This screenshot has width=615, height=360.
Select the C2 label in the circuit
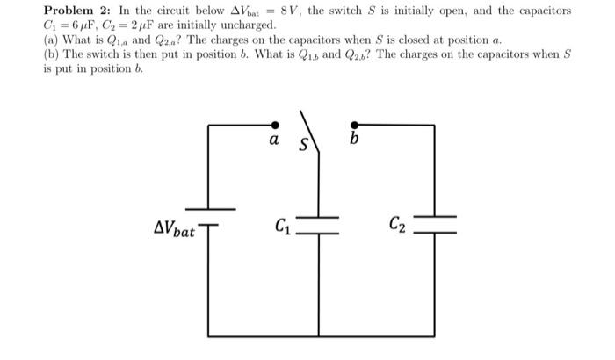pyautogui.click(x=397, y=227)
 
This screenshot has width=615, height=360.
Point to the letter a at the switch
pyautogui.click(x=274, y=140)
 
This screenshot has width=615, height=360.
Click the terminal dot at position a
pyautogui.click(x=275, y=126)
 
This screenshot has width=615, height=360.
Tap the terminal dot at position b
pyautogui.click(x=353, y=126)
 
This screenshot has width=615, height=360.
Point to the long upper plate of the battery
pyautogui.click(x=208, y=209)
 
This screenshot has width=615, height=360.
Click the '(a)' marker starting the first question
pyautogui.click(x=51, y=40)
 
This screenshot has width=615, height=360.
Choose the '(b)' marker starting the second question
pyautogui.click(x=51, y=55)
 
